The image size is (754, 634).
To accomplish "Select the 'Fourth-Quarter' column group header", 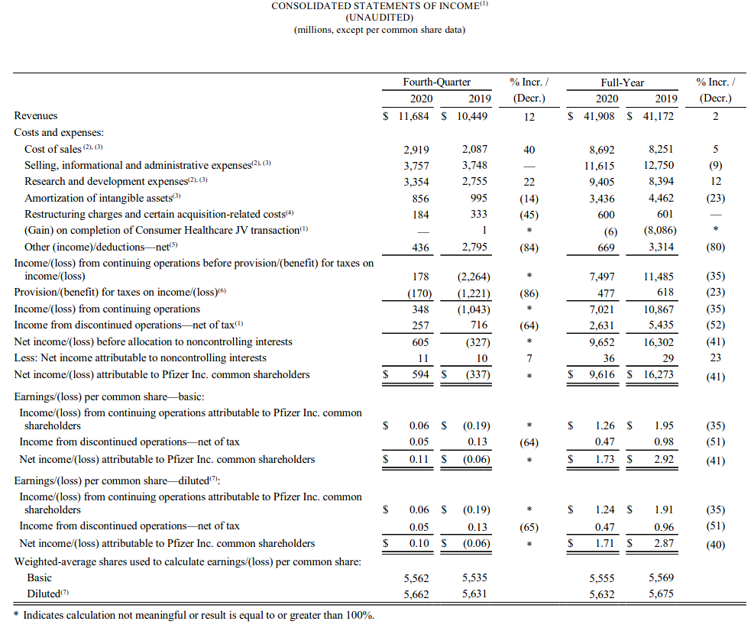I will coord(436,82).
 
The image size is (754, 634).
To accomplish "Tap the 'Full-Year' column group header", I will coord(622,82).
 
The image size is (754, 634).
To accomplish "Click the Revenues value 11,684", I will coord(416,116).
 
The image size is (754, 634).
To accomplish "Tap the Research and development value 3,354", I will coord(416,182).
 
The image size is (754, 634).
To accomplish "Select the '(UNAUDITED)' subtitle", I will coord(379,18).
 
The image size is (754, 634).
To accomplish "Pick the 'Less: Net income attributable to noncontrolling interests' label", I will coord(140,358).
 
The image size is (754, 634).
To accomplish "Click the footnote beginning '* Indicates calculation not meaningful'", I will coord(194,615).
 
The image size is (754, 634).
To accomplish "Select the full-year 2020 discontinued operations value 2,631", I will coord(602,325).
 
